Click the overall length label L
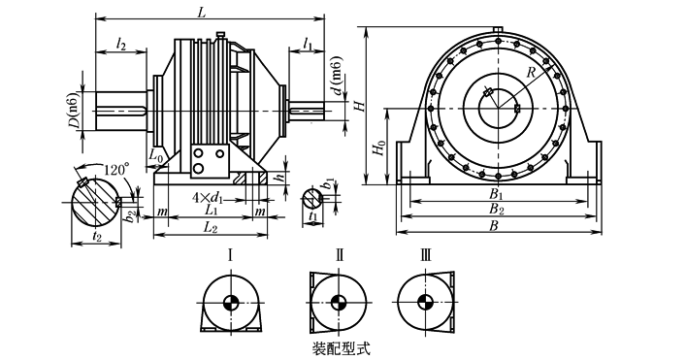click(x=201, y=13)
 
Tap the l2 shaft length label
click(x=121, y=45)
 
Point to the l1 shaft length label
click(x=308, y=44)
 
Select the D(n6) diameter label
click(x=76, y=111)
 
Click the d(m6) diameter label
click(x=337, y=76)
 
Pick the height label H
click(x=361, y=105)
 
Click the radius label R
click(x=531, y=72)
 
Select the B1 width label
click(x=496, y=195)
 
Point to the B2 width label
click(x=497, y=209)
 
